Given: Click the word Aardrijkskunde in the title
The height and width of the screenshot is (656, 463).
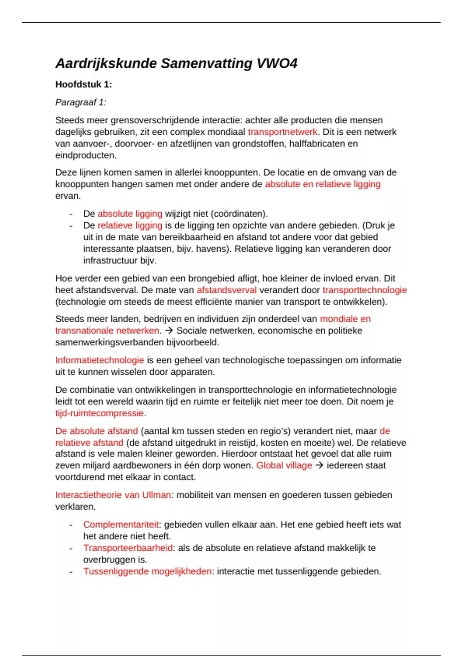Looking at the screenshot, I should point(106,63).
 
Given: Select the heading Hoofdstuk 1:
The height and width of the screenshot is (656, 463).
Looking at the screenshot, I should point(83,85).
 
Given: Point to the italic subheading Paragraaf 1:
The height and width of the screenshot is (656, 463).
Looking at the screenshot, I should point(81,102).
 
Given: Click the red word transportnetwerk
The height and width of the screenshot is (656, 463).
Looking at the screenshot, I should point(283,132).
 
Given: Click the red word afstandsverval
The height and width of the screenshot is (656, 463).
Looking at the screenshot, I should point(226,290).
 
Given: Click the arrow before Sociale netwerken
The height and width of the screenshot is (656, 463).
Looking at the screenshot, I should point(168,331).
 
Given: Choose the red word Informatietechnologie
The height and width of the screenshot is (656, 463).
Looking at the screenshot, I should point(100,360).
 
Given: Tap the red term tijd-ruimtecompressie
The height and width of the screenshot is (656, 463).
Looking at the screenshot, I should point(100,413).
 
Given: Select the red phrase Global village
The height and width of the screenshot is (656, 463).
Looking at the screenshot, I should point(284,465).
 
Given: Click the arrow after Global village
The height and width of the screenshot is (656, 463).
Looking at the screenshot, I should point(319,465).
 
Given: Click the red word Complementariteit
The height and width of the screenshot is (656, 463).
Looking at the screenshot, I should point(121,525).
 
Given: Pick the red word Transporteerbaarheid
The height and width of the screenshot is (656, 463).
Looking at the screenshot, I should point(128,548).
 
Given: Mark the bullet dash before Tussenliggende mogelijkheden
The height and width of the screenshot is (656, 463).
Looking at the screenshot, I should point(71,571).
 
